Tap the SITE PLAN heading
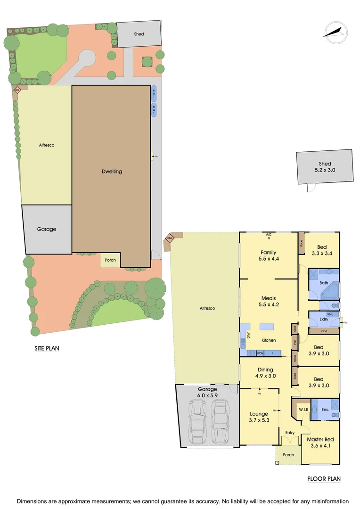47,349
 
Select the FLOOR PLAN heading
324,479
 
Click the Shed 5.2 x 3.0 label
325,167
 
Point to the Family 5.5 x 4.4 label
268,255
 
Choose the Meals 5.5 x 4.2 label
268,301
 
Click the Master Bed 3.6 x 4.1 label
320,443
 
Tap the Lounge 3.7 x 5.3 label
259,417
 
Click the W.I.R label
303,410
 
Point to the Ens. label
325,410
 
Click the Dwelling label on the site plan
112,172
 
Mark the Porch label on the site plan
110,260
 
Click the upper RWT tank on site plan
154,94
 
